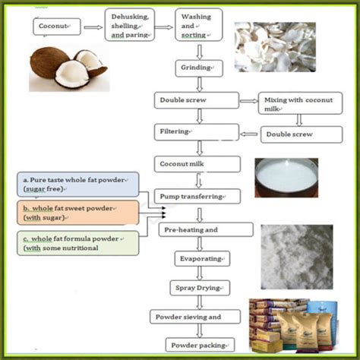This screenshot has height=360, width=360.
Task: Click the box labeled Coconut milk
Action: [197, 163]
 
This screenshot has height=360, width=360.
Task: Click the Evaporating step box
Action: [198, 258]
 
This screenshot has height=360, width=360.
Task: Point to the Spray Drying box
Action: [198, 288]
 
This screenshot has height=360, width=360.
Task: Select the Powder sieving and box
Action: [199, 317]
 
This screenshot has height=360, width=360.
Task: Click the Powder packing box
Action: [198, 343]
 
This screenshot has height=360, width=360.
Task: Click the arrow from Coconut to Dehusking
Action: [94, 28]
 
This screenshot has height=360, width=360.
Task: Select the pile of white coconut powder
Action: [296, 254]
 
